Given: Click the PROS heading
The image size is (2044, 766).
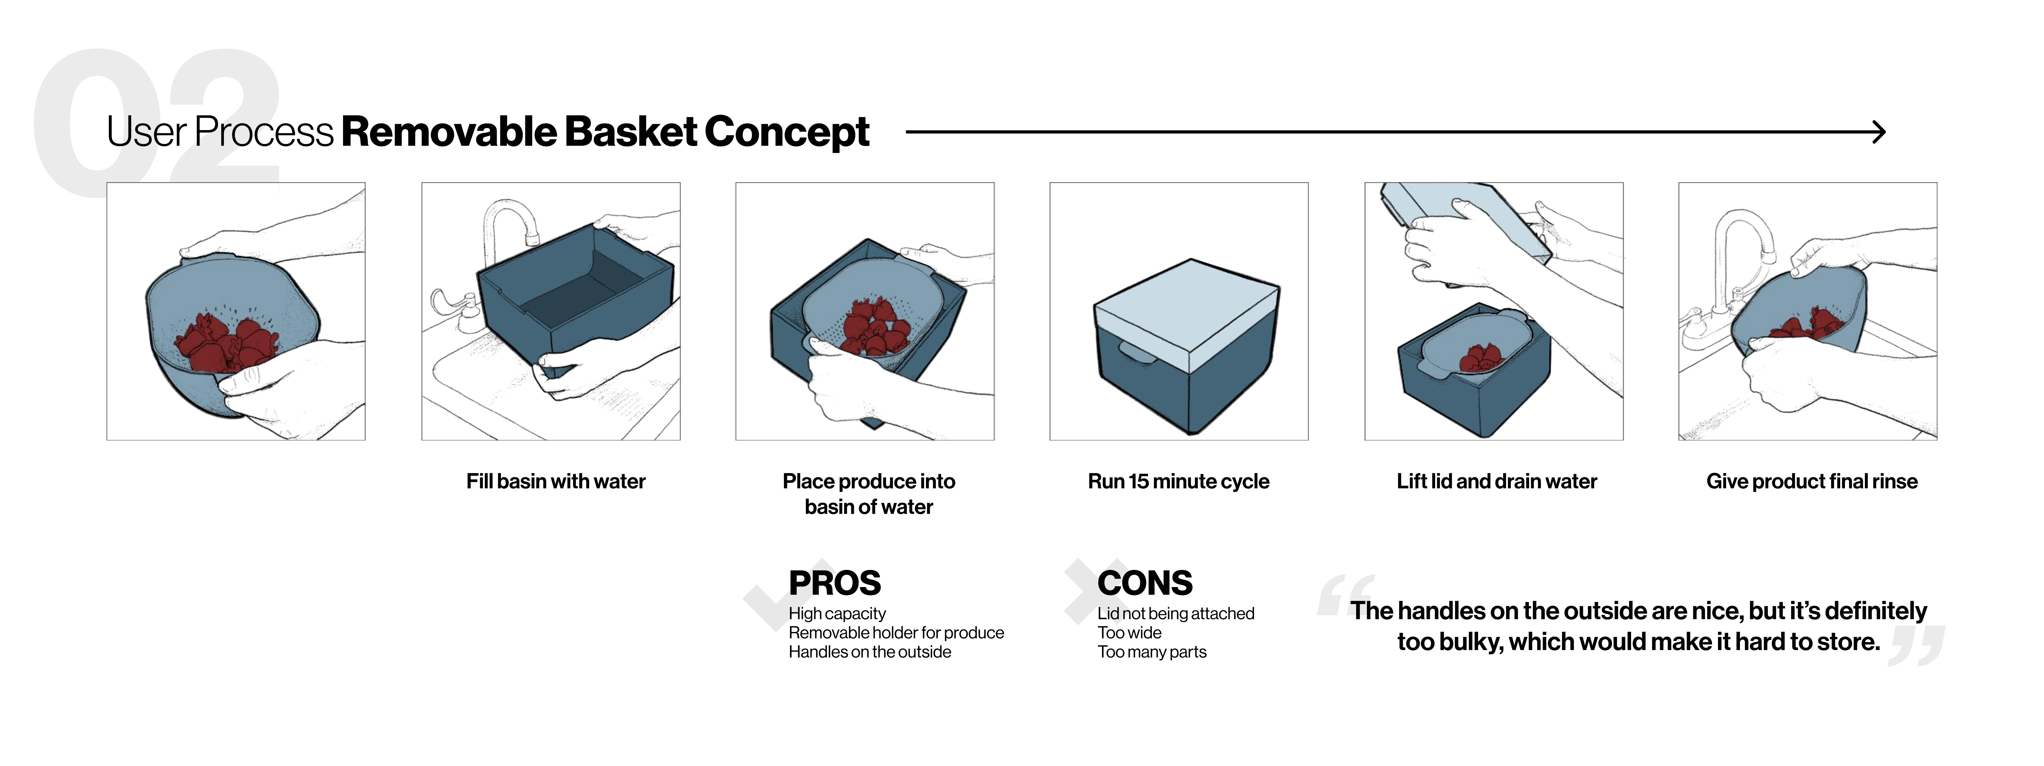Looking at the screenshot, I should pyautogui.click(x=834, y=584).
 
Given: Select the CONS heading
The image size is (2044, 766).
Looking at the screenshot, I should pyautogui.click(x=1144, y=584).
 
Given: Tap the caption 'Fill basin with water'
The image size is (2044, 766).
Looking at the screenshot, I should pyautogui.click(x=555, y=481).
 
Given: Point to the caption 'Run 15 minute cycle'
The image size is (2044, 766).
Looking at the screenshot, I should pyautogui.click(x=1178, y=481).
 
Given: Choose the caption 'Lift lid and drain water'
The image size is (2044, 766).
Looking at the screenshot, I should pyautogui.click(x=1496, y=481).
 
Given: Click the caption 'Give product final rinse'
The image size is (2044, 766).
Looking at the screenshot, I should pyautogui.click(x=1811, y=481).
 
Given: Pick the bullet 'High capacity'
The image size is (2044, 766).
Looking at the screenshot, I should pyautogui.click(x=837, y=614).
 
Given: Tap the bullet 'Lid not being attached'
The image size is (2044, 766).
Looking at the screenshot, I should pyautogui.click(x=1175, y=614).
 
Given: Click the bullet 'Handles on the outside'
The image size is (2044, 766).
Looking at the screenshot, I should pyautogui.click(x=870, y=652).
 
